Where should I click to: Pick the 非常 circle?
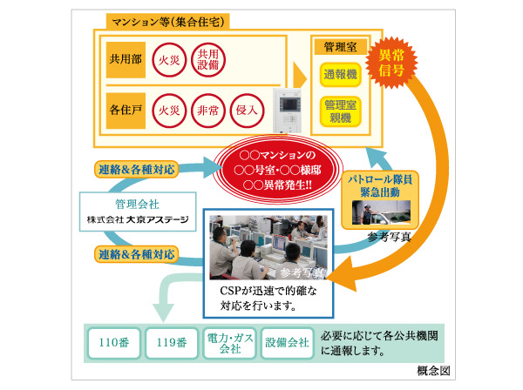(207, 111)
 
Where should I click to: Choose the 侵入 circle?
(246, 111)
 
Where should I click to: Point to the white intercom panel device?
(288, 108)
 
